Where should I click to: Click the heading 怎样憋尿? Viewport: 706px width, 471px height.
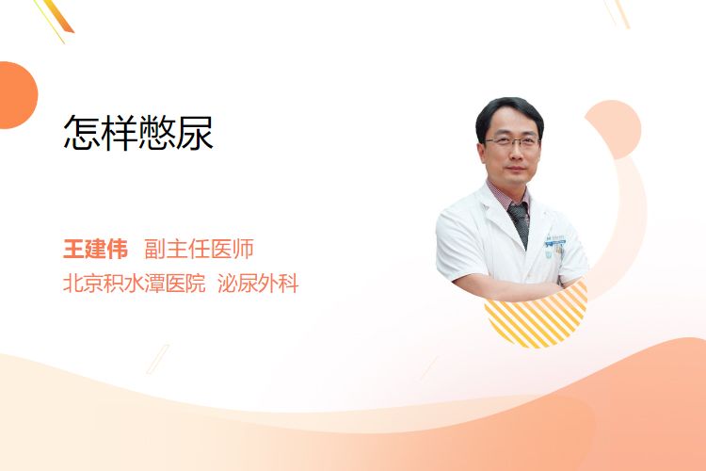[138, 132]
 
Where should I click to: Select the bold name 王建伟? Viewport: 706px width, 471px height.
[95, 249]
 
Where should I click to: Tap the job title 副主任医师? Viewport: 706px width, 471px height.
[199, 249]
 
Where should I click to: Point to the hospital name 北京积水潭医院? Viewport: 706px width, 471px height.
[135, 284]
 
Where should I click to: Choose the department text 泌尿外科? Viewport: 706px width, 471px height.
[258, 284]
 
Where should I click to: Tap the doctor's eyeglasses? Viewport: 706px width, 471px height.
[512, 142]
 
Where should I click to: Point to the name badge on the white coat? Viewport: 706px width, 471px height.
[554, 241]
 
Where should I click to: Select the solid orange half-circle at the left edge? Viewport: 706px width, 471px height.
[17, 95]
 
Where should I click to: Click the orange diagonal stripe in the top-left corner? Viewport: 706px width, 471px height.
[58, 17]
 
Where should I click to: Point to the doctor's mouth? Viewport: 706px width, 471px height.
[516, 170]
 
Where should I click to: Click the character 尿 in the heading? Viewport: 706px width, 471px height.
[195, 132]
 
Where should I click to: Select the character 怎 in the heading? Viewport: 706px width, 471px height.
[82, 132]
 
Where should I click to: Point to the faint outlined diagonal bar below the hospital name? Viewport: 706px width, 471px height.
[158, 359]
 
